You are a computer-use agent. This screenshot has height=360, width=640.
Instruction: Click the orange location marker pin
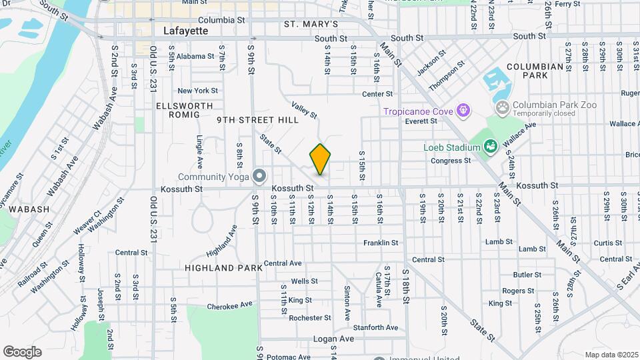320,159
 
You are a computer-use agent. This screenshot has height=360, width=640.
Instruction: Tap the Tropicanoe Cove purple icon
464,110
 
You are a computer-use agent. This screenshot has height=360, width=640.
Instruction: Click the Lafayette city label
185,31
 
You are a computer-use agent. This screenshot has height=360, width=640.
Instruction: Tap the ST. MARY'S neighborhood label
311,24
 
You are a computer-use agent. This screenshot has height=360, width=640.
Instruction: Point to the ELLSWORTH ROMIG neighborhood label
185,110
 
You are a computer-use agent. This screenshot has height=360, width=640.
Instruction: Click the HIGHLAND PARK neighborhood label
219,268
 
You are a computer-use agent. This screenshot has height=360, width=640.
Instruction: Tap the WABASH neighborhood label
29,209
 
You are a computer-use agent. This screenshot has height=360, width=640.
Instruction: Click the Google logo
22,351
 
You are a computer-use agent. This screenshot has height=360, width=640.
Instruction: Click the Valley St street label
304,110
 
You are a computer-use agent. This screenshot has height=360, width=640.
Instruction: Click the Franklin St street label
381,243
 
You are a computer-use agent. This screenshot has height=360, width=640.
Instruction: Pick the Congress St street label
450,161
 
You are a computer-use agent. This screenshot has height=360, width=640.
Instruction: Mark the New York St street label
197,91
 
